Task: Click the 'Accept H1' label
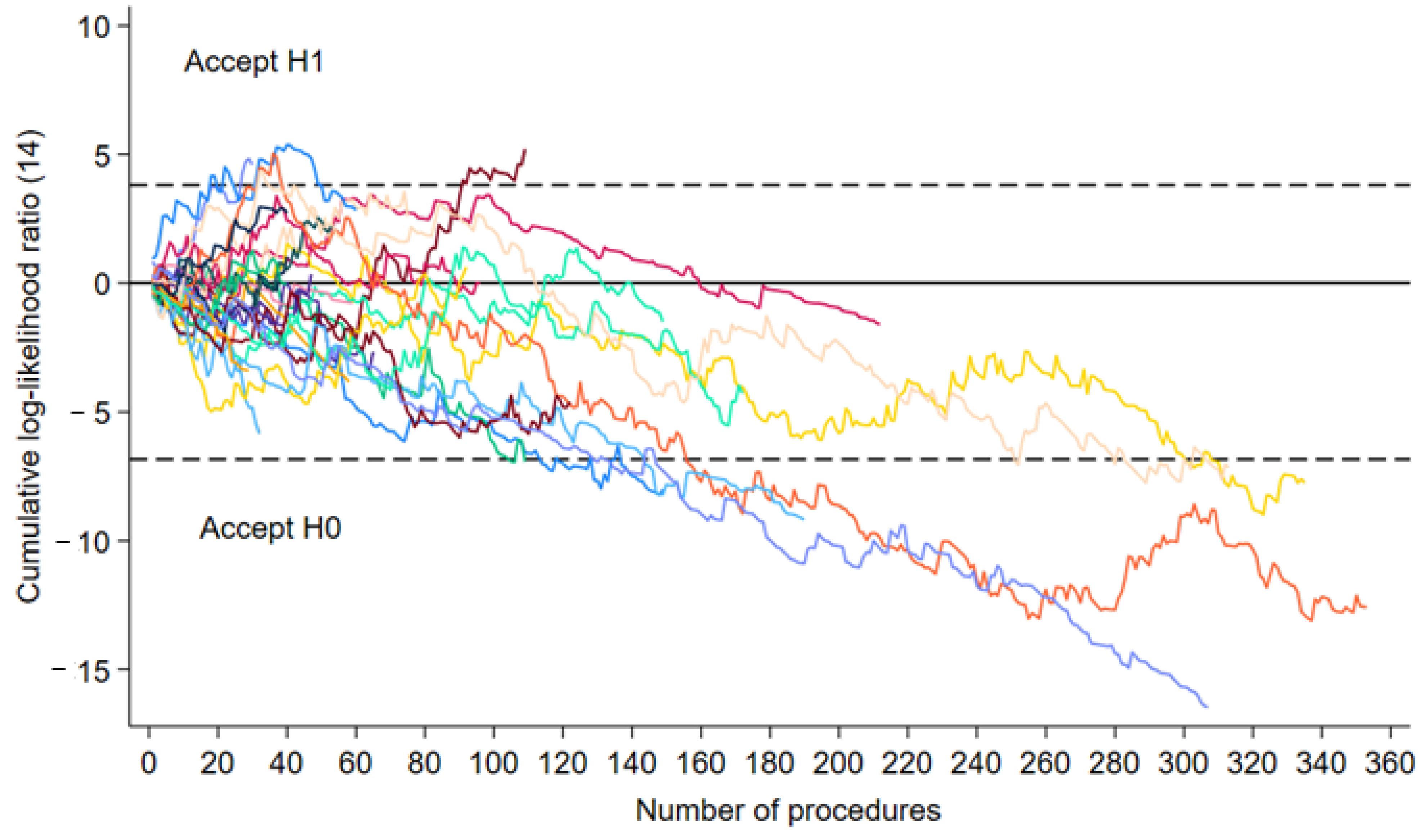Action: [x=254, y=61]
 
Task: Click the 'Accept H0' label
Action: [x=270, y=528]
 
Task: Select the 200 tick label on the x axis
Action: [x=838, y=763]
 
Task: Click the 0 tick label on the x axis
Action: [x=149, y=763]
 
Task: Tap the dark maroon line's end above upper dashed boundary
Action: [x=525, y=150]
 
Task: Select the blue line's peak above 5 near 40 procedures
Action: [x=288, y=145]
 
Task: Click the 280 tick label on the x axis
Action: [x=1114, y=763]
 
